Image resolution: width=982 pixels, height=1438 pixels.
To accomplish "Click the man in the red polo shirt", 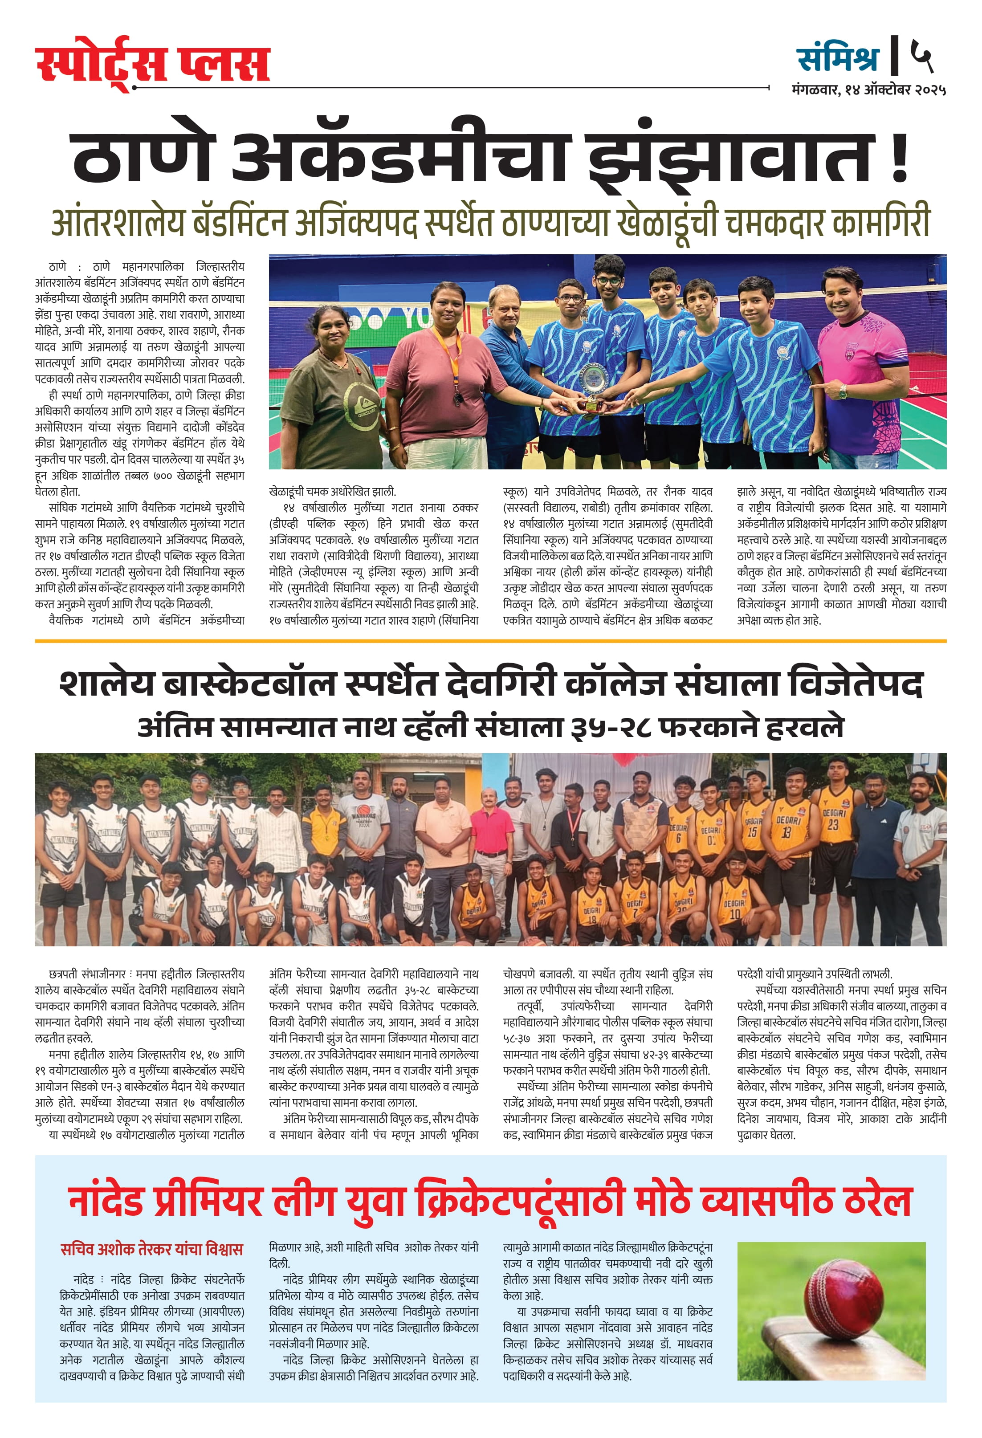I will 492,835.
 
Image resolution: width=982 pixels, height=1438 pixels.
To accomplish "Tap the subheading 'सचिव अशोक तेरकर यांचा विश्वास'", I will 151,1249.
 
